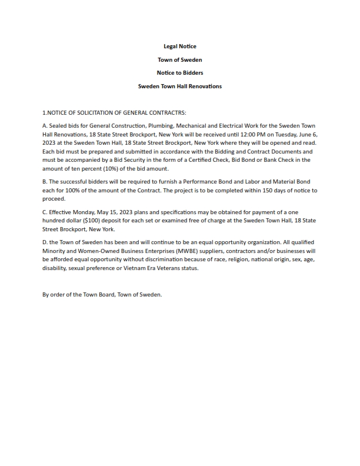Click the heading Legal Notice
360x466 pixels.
pyautogui.click(x=179, y=46)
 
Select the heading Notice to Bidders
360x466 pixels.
pyautogui.click(x=179, y=73)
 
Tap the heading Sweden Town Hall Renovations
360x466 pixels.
pyautogui.click(x=179, y=86)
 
